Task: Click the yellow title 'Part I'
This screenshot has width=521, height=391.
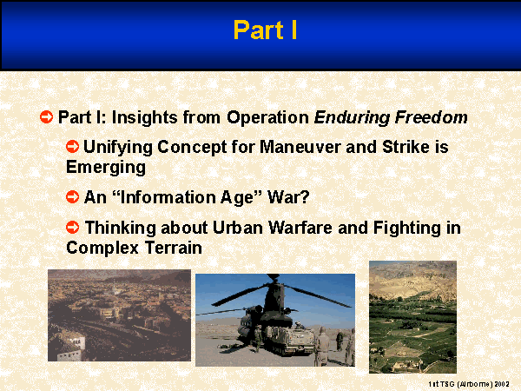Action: tap(265, 30)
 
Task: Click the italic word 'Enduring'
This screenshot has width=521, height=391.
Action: tap(352, 118)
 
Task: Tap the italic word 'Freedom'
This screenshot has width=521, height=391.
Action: tap(432, 117)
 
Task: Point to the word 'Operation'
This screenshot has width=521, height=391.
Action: tap(267, 118)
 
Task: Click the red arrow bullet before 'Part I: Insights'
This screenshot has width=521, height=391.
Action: tap(47, 117)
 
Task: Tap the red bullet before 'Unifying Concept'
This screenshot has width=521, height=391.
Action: tap(72, 146)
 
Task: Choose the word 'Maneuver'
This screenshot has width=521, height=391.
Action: tap(300, 147)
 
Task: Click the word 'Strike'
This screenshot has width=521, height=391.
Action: tap(406, 147)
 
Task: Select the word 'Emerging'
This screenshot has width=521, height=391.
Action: tap(106, 167)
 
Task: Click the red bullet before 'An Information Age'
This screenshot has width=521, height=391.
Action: tap(72, 197)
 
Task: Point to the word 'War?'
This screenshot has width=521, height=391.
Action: tap(288, 197)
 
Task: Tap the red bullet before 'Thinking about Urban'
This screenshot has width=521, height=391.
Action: tap(72, 228)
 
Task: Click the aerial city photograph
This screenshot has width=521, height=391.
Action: tap(119, 315)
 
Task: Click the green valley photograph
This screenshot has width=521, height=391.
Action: tap(412, 317)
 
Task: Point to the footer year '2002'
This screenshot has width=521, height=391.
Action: tap(502, 384)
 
